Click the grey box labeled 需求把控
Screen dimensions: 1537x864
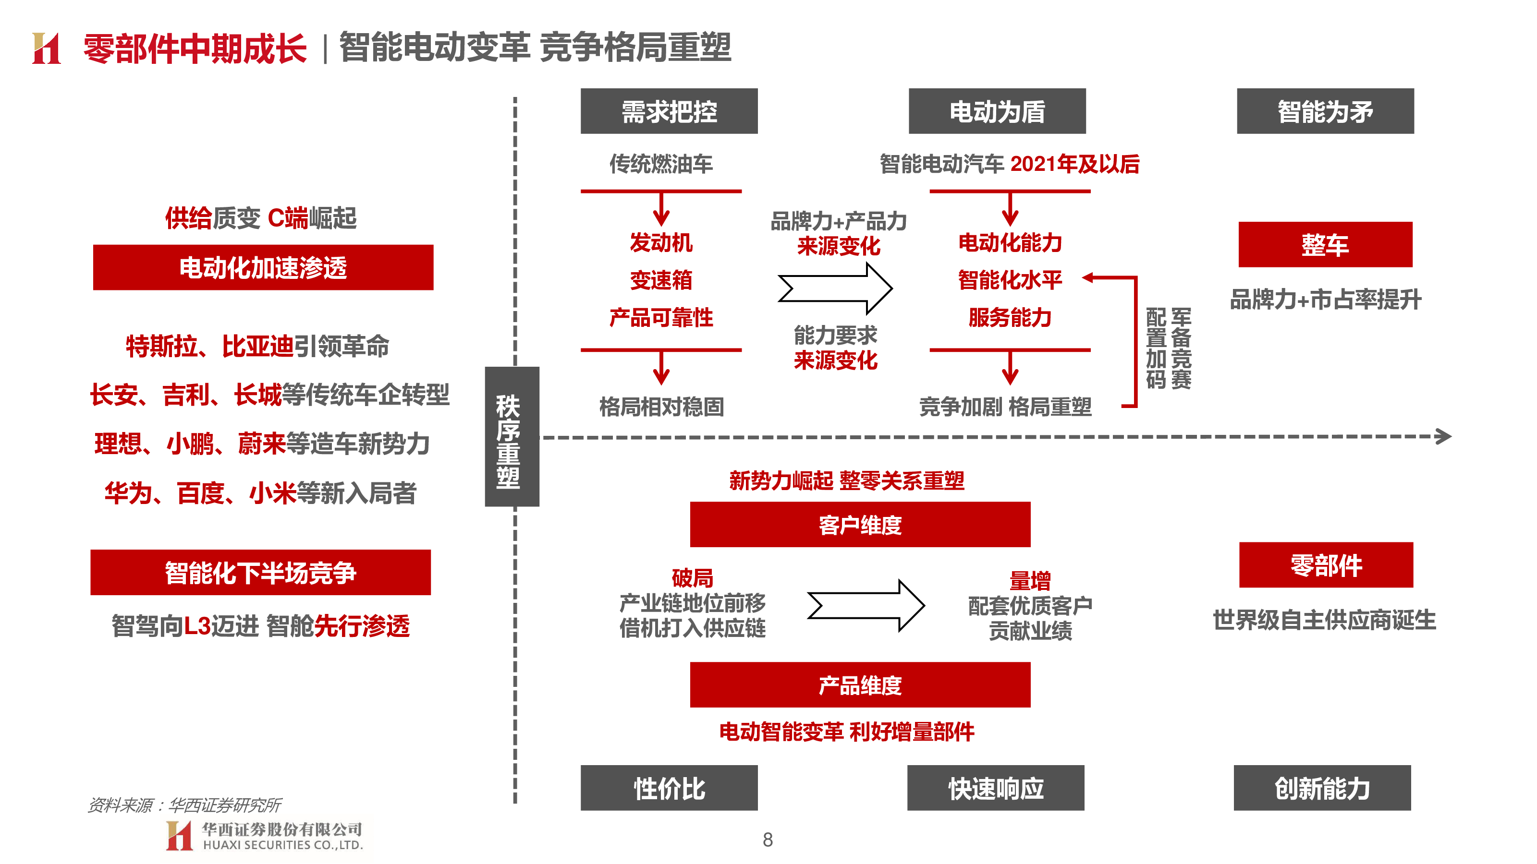click(x=669, y=111)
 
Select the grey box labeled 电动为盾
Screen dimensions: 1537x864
click(x=997, y=111)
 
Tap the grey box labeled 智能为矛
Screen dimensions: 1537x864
click(x=1325, y=111)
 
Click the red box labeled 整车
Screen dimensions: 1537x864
click(x=1325, y=244)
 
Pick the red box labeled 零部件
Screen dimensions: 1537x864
click(x=1326, y=564)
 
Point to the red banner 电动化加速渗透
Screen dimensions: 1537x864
click(x=263, y=267)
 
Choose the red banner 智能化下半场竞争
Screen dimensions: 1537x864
click(x=261, y=573)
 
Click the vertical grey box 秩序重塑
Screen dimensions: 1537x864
click(x=512, y=436)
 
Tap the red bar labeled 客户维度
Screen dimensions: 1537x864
click(x=860, y=524)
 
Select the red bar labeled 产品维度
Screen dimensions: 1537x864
click(x=860, y=684)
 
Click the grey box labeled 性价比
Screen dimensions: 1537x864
click(x=669, y=788)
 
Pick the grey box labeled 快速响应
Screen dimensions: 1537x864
click(x=996, y=788)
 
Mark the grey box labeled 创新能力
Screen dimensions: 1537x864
click(x=1322, y=788)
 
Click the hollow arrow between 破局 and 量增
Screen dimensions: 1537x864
click(x=866, y=605)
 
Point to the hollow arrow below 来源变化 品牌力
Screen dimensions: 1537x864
click(x=835, y=288)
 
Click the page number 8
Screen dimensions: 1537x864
click(x=768, y=840)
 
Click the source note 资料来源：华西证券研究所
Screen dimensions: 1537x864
click(x=184, y=805)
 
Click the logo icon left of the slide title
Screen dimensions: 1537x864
click(x=47, y=48)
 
